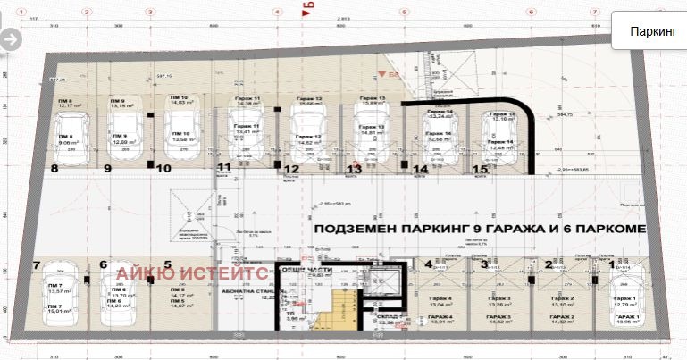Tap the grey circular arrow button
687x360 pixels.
[10, 39]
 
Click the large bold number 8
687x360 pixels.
[54, 167]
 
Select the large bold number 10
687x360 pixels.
[163, 167]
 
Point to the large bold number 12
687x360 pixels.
[290, 168]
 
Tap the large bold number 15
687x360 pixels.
[480, 168]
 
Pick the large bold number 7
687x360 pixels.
[36, 265]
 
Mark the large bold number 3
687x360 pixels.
[485, 264]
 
